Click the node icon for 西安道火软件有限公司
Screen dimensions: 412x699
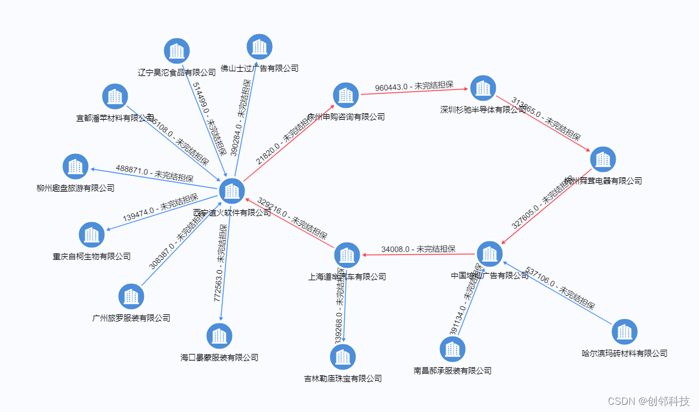(x=231, y=191)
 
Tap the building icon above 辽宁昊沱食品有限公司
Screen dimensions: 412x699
(x=177, y=51)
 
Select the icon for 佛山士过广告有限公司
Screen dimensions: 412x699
(x=260, y=47)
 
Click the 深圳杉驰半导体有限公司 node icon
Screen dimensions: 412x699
(x=483, y=88)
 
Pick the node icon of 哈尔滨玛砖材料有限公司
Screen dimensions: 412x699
(x=625, y=331)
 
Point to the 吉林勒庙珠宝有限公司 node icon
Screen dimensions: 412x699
(x=343, y=357)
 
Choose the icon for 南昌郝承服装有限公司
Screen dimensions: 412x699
(x=453, y=349)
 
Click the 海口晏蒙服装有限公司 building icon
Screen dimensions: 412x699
(x=219, y=336)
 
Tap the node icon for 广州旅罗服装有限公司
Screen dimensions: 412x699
(x=131, y=296)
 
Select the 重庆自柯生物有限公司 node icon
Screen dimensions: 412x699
(x=92, y=235)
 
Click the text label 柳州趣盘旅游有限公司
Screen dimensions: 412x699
(x=76, y=188)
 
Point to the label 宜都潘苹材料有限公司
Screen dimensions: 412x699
(x=115, y=119)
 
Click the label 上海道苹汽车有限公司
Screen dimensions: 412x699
(x=347, y=277)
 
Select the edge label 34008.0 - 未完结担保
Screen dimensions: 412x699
(x=418, y=249)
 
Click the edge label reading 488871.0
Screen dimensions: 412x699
(x=154, y=173)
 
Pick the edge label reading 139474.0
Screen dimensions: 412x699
(x=160, y=208)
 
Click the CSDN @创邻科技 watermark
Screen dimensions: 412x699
(x=649, y=401)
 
